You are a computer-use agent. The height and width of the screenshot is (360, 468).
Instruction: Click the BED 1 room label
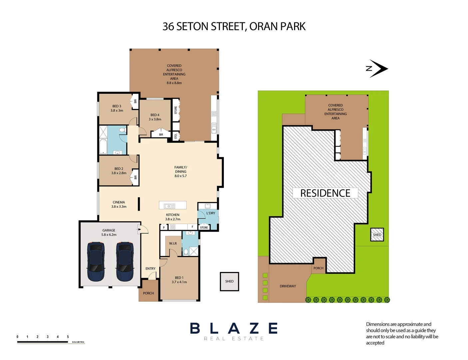179,278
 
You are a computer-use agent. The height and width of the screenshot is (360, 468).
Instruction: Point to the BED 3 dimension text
117,111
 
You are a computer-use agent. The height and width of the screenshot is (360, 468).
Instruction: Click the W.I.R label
173,244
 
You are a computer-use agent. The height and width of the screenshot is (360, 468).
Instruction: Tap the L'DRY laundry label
211,213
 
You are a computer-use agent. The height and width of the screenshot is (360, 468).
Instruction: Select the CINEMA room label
119,202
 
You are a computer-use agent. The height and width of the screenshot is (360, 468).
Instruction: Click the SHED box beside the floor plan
230,281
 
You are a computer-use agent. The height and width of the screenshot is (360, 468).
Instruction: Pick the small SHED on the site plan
377,235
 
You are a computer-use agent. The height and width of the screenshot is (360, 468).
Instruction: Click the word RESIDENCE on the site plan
325,193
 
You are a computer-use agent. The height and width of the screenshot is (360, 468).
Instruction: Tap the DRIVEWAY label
288,286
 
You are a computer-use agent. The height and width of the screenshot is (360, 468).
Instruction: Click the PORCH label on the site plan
318,268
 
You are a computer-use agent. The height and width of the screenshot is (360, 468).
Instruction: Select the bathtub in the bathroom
103,146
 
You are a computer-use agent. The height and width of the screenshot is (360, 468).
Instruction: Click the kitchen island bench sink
169,206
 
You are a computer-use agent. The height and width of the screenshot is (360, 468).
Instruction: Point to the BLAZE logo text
234,329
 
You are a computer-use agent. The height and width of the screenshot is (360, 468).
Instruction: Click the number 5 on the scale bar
68,337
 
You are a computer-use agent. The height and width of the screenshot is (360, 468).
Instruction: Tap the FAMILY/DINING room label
181,169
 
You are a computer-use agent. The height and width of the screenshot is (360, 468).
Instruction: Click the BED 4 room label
155,115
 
